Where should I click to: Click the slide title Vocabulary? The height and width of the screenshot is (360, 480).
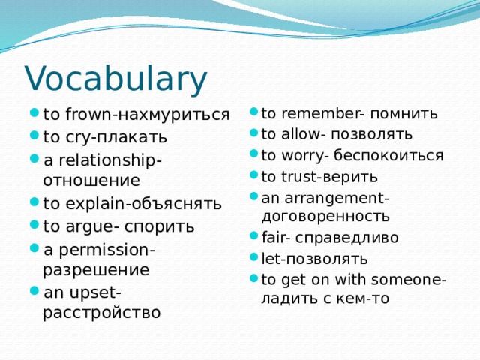click(115, 79)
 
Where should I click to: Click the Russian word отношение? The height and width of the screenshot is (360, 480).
click(91, 180)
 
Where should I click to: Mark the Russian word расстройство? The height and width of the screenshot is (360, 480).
click(101, 312)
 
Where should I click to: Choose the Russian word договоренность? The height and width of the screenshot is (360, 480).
click(325, 217)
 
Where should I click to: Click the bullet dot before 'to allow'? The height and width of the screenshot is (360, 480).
click(254, 135)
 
